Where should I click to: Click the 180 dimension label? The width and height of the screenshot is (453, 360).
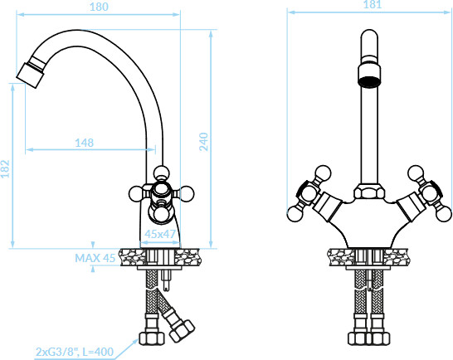pyautogui.click(x=99, y=7)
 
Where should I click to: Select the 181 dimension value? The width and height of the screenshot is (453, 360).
pyautogui.click(x=372, y=4)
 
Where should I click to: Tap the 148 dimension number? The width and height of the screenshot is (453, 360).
pyautogui.click(x=84, y=143)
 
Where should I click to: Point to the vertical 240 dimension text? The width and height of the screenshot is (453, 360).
pyautogui.click(x=203, y=141)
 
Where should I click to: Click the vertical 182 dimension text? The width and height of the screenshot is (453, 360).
pyautogui.click(x=5, y=168)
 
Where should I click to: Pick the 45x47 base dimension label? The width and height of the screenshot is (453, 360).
pyautogui.click(x=160, y=234)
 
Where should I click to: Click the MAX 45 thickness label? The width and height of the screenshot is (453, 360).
pyautogui.click(x=95, y=258)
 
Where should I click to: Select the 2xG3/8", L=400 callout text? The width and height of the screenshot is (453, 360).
pyautogui.click(x=75, y=352)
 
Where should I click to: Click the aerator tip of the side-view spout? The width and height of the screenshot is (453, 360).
pyautogui.click(x=31, y=75)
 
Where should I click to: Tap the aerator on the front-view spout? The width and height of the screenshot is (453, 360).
pyautogui.click(x=369, y=75)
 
